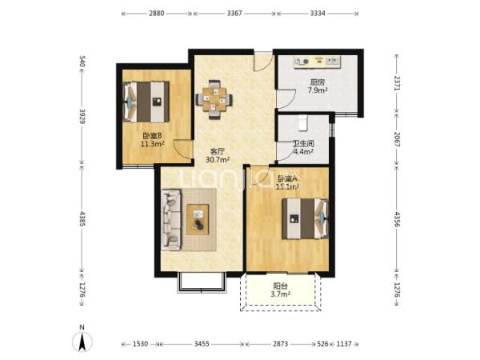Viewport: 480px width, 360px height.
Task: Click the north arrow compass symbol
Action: (x=82, y=341)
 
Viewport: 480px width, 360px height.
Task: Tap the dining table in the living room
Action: (x=214, y=99)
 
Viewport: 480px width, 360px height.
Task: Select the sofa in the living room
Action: (x=171, y=220)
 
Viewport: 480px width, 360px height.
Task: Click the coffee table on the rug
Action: (x=198, y=219)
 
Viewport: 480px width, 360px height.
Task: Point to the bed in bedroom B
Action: (x=146, y=102)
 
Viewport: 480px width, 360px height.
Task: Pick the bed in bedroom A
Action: (x=306, y=218)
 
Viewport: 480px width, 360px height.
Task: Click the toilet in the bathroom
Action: (x=302, y=123)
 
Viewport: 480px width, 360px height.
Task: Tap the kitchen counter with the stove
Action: (x=317, y=62)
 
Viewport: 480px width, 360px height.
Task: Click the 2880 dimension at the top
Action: (x=157, y=13)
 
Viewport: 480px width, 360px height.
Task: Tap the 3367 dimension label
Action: (x=234, y=13)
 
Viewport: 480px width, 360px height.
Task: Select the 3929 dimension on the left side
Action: (x=82, y=116)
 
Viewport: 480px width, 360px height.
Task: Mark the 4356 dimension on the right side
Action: (x=397, y=219)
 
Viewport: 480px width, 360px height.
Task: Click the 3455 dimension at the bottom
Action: (x=202, y=344)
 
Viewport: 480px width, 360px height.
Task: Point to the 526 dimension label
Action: (x=322, y=344)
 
